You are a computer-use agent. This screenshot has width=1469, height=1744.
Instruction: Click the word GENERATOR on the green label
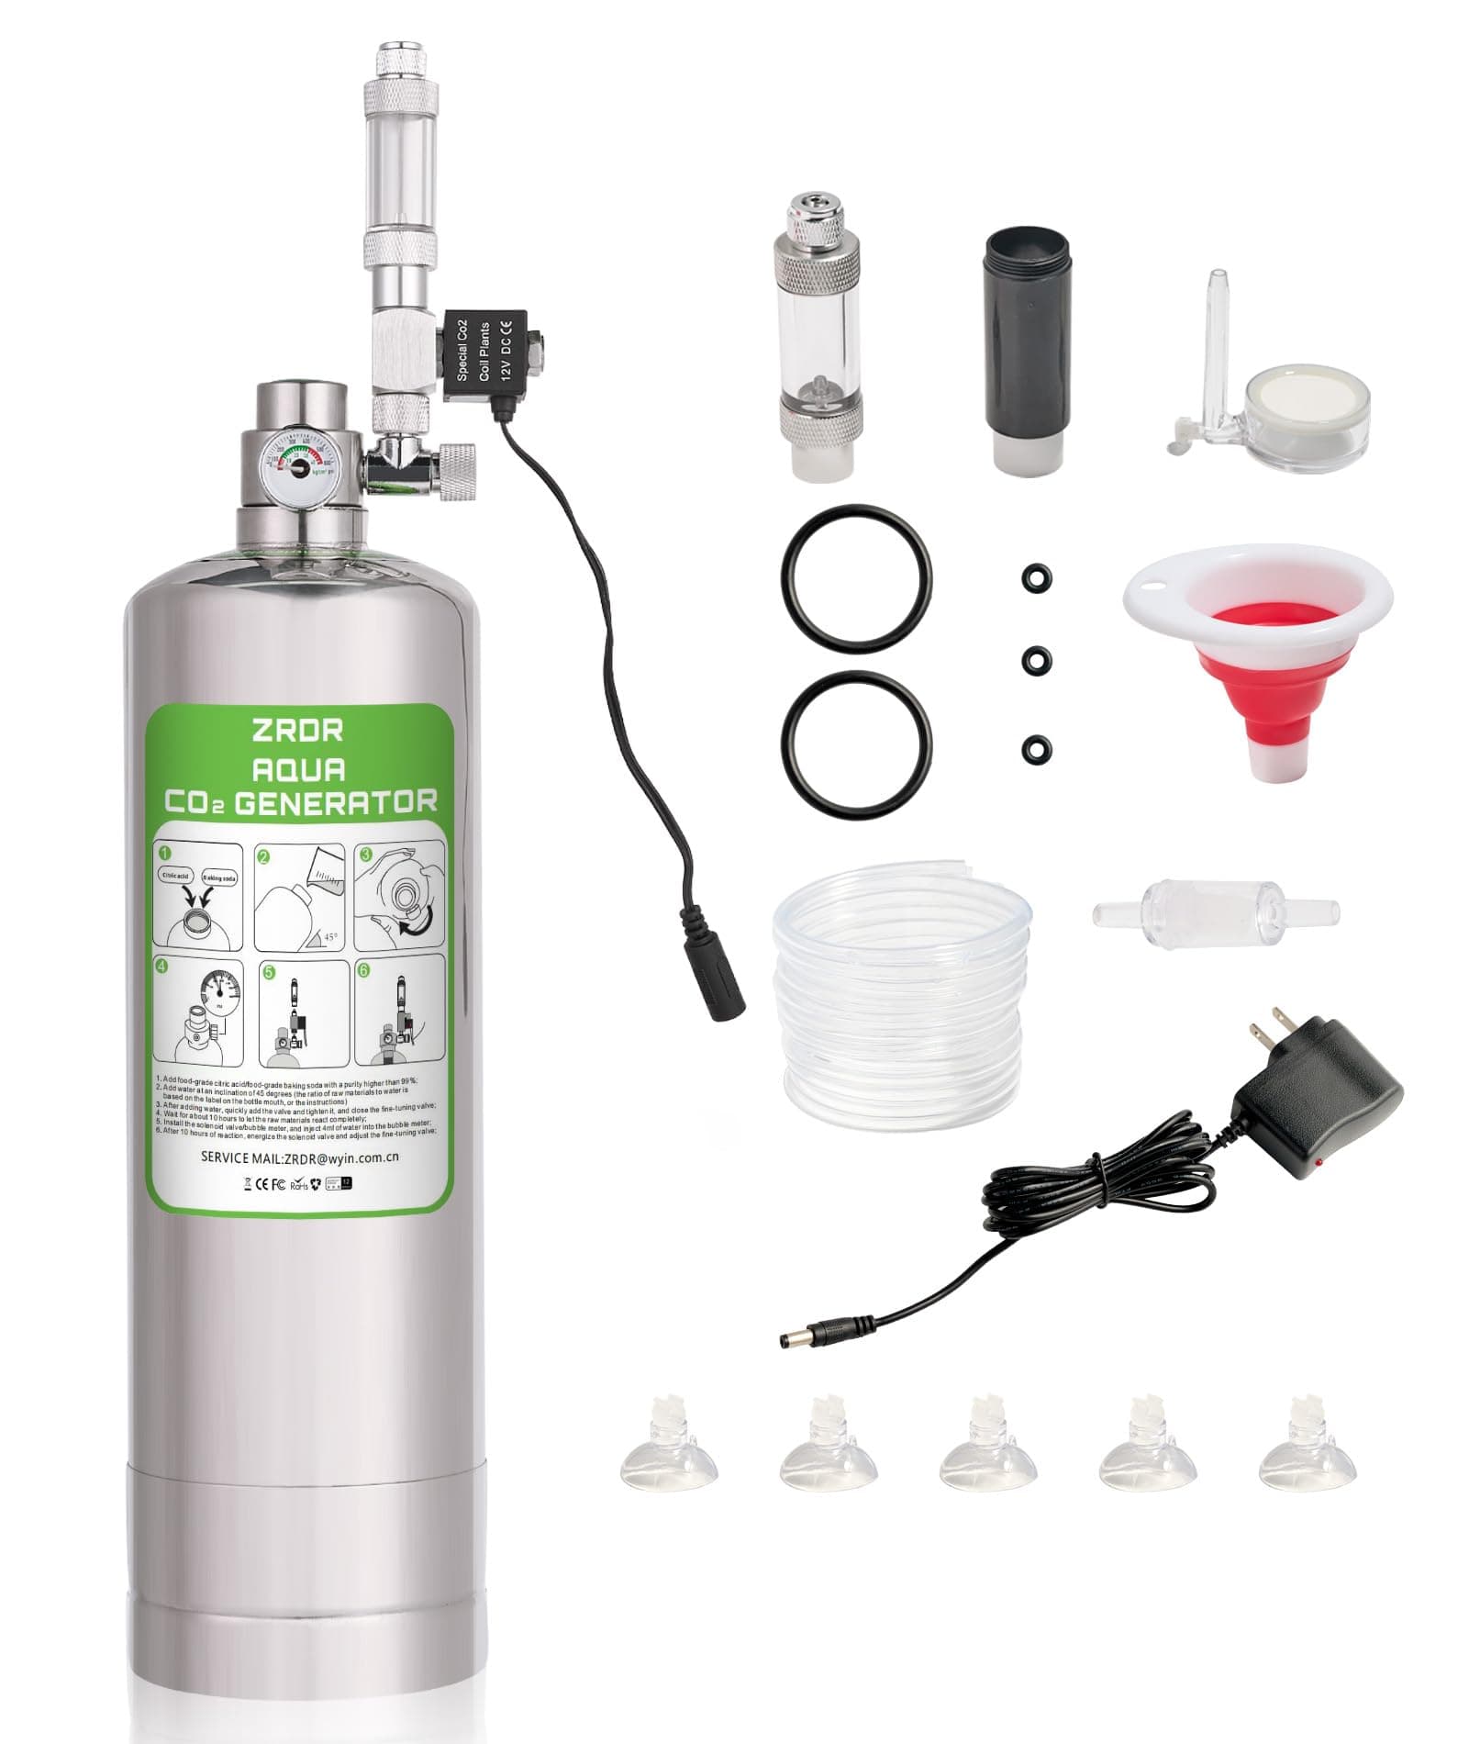336,803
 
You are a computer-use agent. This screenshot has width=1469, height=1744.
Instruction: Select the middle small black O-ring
1036,660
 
